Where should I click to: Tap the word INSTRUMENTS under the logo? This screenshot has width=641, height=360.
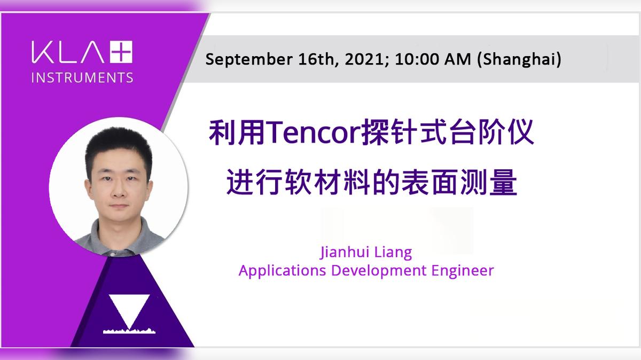[82, 77]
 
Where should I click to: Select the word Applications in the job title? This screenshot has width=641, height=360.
[282, 270]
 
